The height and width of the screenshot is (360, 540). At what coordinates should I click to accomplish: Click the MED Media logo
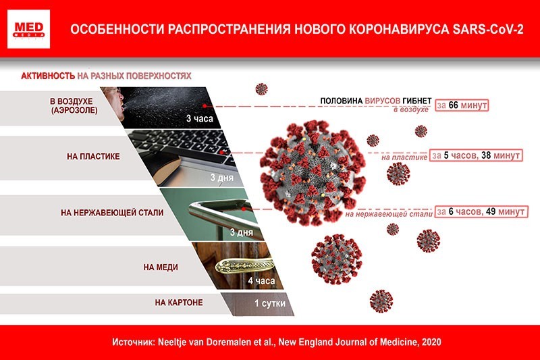tap(28, 29)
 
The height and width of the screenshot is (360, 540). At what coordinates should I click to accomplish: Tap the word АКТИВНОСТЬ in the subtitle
tap(48, 76)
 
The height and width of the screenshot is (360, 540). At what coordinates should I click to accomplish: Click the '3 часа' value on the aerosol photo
tap(200, 118)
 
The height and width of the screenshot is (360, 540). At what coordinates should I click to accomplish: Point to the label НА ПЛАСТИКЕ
tap(93, 157)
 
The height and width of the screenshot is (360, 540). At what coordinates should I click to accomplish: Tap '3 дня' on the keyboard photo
tap(222, 178)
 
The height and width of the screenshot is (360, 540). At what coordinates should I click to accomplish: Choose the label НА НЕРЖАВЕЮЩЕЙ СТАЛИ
tap(112, 213)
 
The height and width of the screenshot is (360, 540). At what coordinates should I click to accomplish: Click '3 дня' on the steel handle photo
tap(242, 232)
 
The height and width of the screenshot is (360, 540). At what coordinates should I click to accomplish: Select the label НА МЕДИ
tap(161, 267)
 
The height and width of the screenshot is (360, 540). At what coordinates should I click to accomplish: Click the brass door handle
tap(244, 265)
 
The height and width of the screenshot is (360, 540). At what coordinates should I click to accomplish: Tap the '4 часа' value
tap(261, 281)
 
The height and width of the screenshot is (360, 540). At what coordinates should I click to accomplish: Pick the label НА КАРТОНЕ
tap(179, 303)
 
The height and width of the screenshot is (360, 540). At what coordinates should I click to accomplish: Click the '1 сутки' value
tap(270, 303)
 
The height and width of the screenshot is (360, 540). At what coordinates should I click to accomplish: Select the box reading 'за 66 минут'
tap(462, 105)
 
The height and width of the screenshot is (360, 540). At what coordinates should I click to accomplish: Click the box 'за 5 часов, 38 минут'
tap(477, 155)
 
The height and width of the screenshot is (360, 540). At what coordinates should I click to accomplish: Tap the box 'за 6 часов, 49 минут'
tap(481, 211)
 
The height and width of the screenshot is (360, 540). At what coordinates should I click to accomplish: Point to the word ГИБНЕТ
tap(417, 101)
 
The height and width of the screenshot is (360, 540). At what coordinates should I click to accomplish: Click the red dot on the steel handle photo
tap(244, 209)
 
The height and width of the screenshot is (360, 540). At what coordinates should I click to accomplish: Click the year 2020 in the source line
tap(431, 342)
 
